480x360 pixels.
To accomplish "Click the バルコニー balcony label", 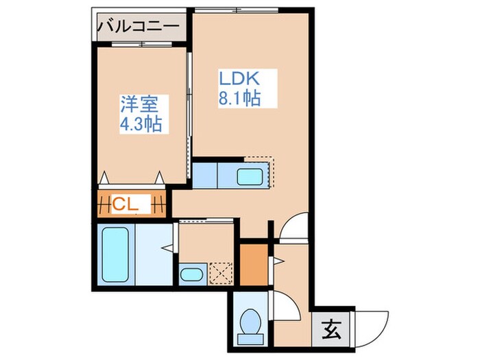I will pyautogui.click(x=139, y=27).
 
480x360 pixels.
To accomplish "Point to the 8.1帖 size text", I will pyautogui.click(x=239, y=98).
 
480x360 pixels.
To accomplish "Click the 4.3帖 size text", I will pyautogui.click(x=140, y=125).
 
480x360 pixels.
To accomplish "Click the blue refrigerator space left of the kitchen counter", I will pyautogui.click(x=205, y=174).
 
